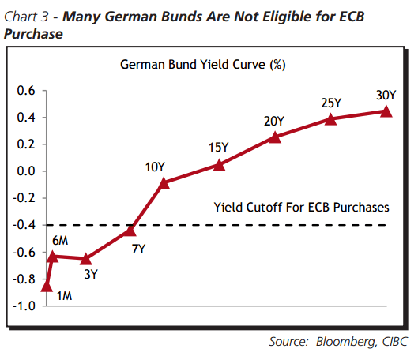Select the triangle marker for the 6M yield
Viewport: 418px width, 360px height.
click(52, 256)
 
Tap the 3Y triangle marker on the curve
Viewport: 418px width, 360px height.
click(87, 259)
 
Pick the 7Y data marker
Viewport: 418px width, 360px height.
click(131, 231)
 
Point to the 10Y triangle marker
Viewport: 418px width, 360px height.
click(164, 182)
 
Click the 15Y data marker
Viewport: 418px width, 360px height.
click(220, 164)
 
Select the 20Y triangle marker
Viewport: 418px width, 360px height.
click(275, 137)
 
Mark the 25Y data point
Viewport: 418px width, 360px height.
click(331, 118)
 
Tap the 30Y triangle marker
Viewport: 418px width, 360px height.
click(386, 111)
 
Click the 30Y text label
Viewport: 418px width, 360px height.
click(386, 96)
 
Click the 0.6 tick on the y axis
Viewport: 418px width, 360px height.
click(25, 91)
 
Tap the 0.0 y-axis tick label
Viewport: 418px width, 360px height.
click(25, 171)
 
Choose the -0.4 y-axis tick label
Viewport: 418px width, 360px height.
click(24, 225)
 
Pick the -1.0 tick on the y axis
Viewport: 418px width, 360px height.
click(24, 306)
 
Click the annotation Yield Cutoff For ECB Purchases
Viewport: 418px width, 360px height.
click(301, 208)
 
